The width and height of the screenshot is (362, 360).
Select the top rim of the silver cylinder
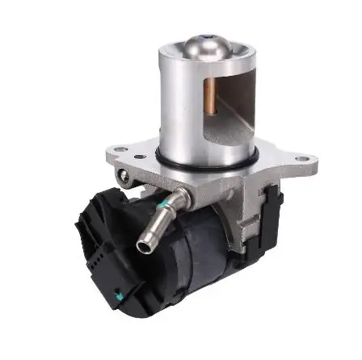pyautogui.click(x=206, y=61)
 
